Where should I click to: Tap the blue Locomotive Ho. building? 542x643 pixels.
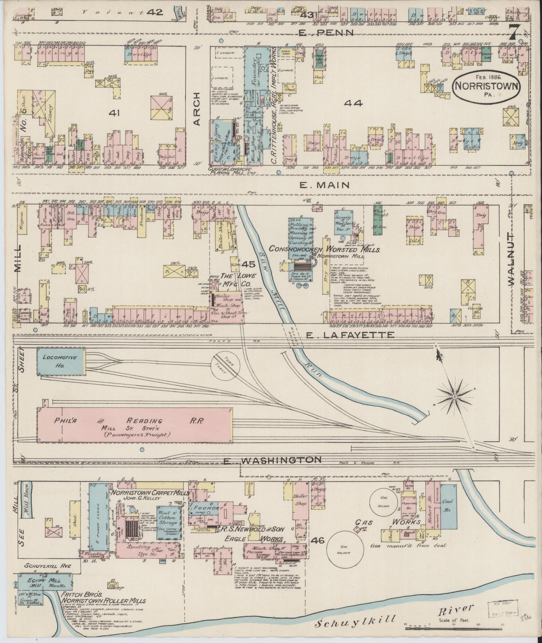click(x=60, y=362)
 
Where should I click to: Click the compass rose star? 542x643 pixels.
click(x=454, y=396)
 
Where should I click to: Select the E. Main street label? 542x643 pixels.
click(x=325, y=185)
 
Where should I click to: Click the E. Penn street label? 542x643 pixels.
click(x=326, y=33)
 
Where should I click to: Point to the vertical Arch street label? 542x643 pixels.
click(x=198, y=109)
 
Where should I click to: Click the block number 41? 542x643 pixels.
click(x=113, y=113)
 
